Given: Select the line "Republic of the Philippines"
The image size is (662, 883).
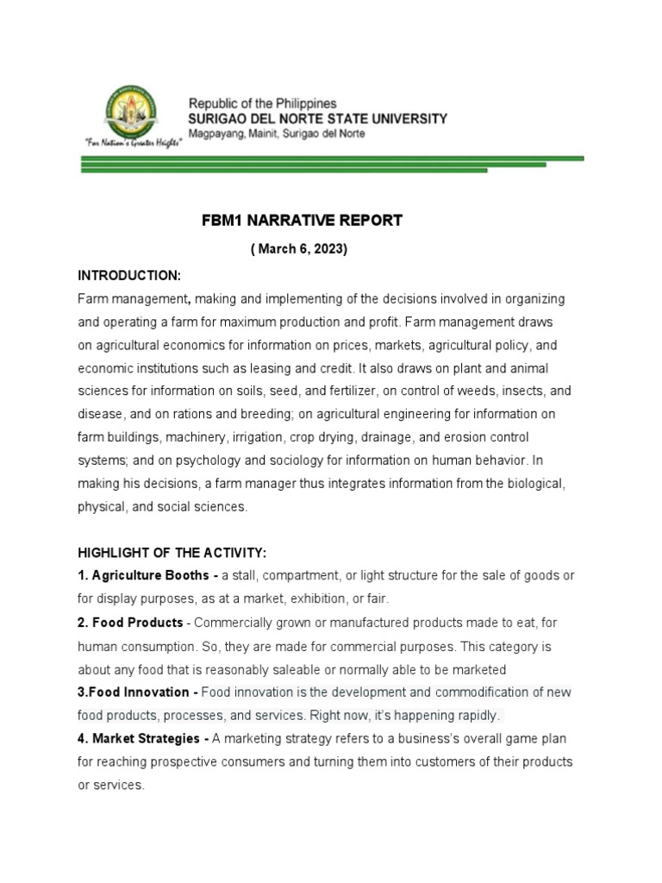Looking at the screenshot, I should click(x=262, y=103).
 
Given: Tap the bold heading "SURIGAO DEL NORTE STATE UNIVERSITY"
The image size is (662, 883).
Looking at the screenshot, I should click(x=317, y=118).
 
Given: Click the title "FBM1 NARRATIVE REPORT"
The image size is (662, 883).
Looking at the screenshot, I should click(x=302, y=221).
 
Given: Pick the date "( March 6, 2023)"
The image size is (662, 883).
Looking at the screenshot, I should click(x=299, y=249).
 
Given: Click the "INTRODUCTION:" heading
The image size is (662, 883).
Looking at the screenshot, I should click(x=128, y=275).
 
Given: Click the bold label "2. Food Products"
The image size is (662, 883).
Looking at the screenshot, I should click(x=130, y=623).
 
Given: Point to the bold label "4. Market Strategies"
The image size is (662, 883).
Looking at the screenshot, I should click(x=141, y=739).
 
